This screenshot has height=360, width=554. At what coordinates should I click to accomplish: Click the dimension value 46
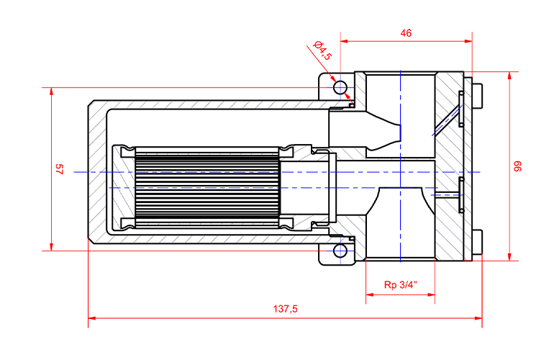[x=406, y=32]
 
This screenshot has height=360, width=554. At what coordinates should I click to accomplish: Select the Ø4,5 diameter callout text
[x=322, y=53]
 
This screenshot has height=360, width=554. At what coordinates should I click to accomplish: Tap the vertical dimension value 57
[x=60, y=169]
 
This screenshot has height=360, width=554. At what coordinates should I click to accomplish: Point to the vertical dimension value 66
[x=517, y=166]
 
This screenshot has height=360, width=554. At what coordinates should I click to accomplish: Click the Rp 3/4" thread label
[x=399, y=284]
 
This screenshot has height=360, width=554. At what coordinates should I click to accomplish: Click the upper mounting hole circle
[x=340, y=88]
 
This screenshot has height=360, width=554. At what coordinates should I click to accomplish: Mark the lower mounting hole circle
[x=340, y=251]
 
